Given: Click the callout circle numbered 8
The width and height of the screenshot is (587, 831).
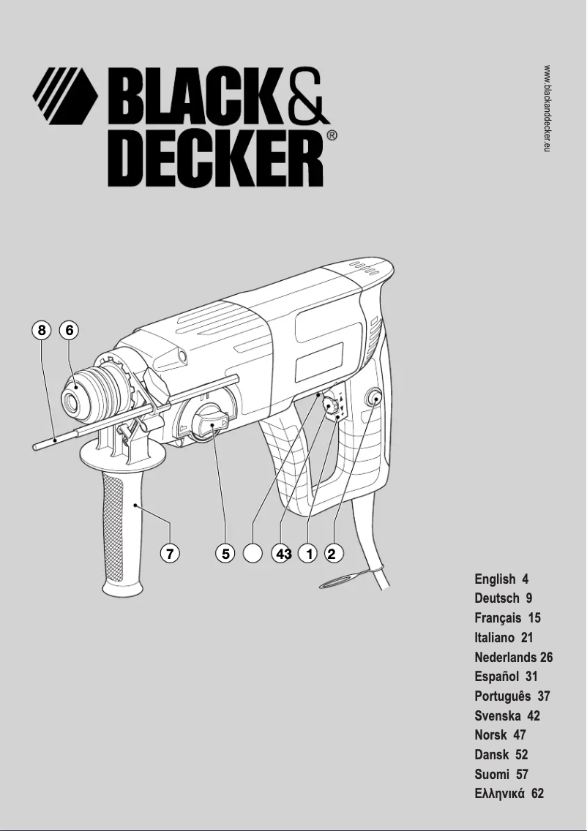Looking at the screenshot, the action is pyautogui.click(x=42, y=331).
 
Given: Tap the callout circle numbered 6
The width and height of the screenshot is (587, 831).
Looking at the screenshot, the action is pyautogui.click(x=70, y=331).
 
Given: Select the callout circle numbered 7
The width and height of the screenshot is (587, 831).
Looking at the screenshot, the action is pyautogui.click(x=170, y=554).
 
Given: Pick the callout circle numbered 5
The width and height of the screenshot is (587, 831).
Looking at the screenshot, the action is pyautogui.click(x=225, y=554).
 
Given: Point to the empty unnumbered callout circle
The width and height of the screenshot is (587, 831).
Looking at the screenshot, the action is pyautogui.click(x=253, y=554).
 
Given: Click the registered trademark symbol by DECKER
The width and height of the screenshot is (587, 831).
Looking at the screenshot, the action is pyautogui.click(x=332, y=135).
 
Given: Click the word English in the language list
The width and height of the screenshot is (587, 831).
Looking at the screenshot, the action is pyautogui.click(x=495, y=579).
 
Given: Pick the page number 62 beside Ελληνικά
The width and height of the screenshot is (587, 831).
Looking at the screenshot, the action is pyautogui.click(x=537, y=793).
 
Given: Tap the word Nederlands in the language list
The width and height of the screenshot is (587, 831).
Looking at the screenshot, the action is pyautogui.click(x=505, y=657).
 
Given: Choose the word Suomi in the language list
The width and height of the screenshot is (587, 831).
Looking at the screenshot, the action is pyautogui.click(x=491, y=774).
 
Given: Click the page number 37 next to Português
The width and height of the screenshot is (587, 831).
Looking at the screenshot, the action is pyautogui.click(x=543, y=696).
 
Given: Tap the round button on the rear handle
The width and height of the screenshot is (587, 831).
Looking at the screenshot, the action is pyautogui.click(x=373, y=399).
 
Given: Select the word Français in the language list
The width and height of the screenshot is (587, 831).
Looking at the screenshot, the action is pyautogui.click(x=498, y=618).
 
